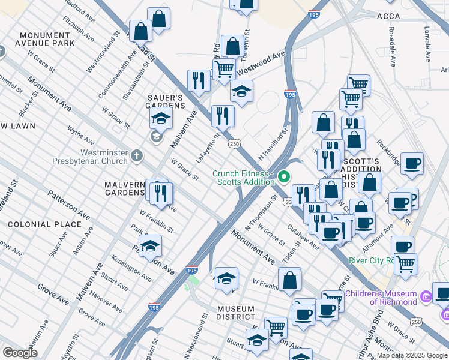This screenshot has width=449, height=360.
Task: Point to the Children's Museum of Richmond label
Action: pyautogui.click(x=381, y=298)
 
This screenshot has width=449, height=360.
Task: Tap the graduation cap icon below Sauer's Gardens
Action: pyautogui.click(x=161, y=118)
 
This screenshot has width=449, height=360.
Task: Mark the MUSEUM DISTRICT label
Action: pyautogui.click(x=236, y=313)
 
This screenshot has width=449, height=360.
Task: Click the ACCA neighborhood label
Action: pyautogui.click(x=388, y=16)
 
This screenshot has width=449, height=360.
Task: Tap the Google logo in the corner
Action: pyautogui.click(x=20, y=353)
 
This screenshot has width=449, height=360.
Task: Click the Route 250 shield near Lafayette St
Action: pyautogui.click(x=234, y=144)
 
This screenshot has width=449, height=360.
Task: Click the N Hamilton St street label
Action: pyautogui.click(x=274, y=139)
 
